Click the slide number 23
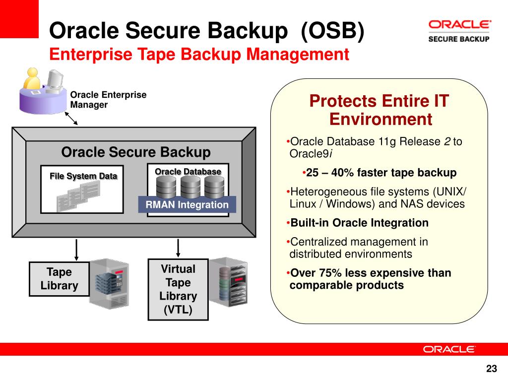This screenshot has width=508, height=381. tap(491, 369)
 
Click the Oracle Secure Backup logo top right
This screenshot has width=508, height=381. tap(459, 31)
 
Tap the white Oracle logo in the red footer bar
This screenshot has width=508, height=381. tap(449, 349)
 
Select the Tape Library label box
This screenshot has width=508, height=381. tap(60, 279)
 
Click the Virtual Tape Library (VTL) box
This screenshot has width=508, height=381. tap(178, 290)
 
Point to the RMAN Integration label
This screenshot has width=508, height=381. tap(187, 204)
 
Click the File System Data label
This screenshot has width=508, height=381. tap(83, 176)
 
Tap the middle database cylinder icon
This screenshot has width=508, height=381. tap(190, 187)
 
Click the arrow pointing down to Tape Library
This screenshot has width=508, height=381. tap(76, 250)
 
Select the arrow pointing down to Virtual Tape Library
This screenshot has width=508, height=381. tap(178, 248)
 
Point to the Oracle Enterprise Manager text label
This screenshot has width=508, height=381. tap(108, 100)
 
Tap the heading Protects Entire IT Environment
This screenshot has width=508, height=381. tap(380, 110)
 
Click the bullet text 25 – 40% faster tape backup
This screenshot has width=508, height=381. tap(381, 173)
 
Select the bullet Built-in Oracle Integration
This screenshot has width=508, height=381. tap(359, 223)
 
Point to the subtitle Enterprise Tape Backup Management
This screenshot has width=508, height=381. tap(199, 54)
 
